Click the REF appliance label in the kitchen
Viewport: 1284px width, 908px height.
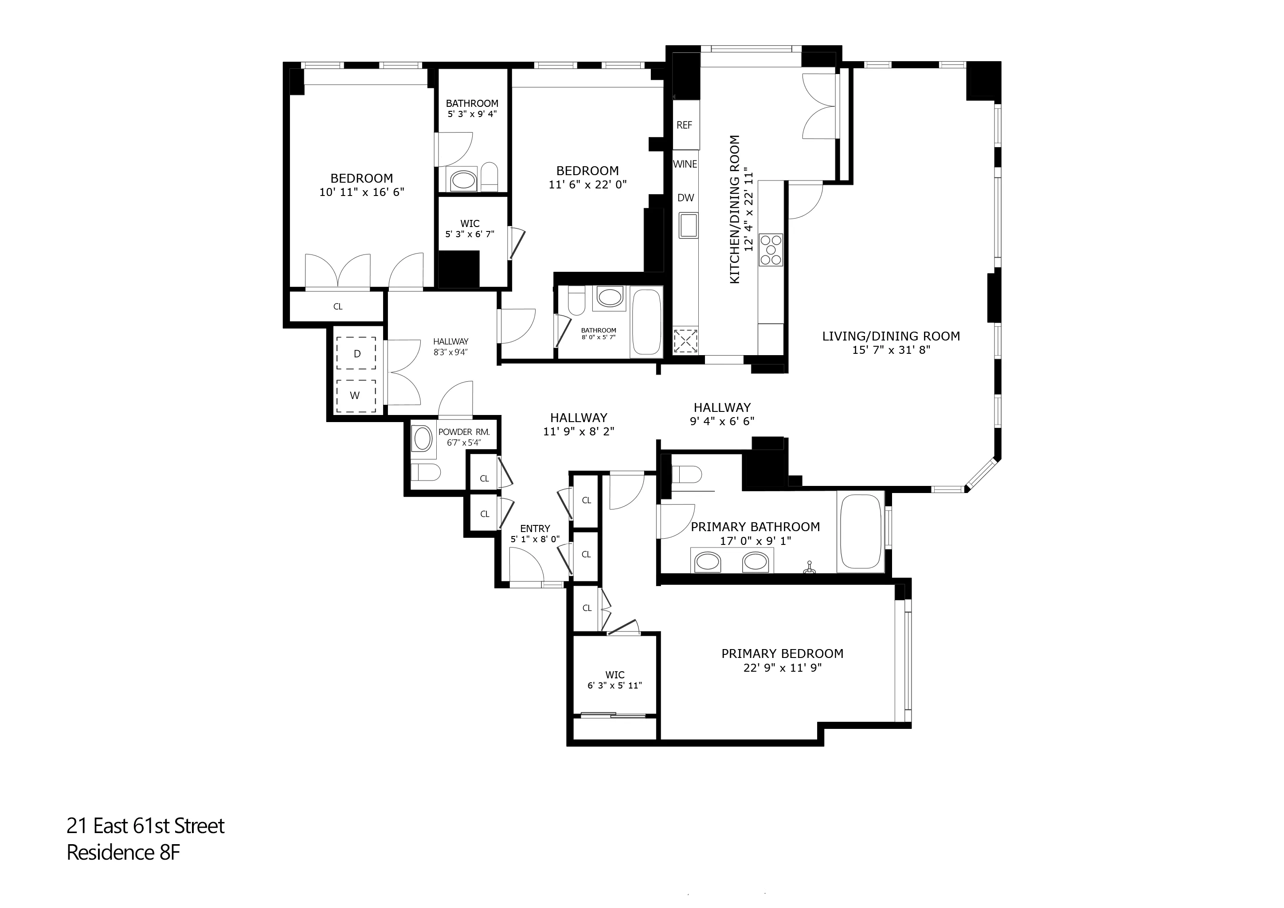[x=684, y=125]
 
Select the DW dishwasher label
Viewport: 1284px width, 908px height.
[x=685, y=198]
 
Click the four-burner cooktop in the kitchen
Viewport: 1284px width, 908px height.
[x=771, y=250]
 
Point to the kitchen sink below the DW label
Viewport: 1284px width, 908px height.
[x=688, y=225]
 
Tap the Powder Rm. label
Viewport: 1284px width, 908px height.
[x=464, y=432]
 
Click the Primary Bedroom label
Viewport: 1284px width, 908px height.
[x=782, y=654]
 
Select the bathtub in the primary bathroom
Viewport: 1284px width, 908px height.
[x=861, y=531]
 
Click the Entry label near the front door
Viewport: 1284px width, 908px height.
[x=535, y=529]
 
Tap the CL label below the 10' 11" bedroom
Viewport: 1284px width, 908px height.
[x=338, y=307]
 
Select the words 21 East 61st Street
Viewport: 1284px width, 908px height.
[x=145, y=826]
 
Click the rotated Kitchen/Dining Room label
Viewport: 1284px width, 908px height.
[x=735, y=210]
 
